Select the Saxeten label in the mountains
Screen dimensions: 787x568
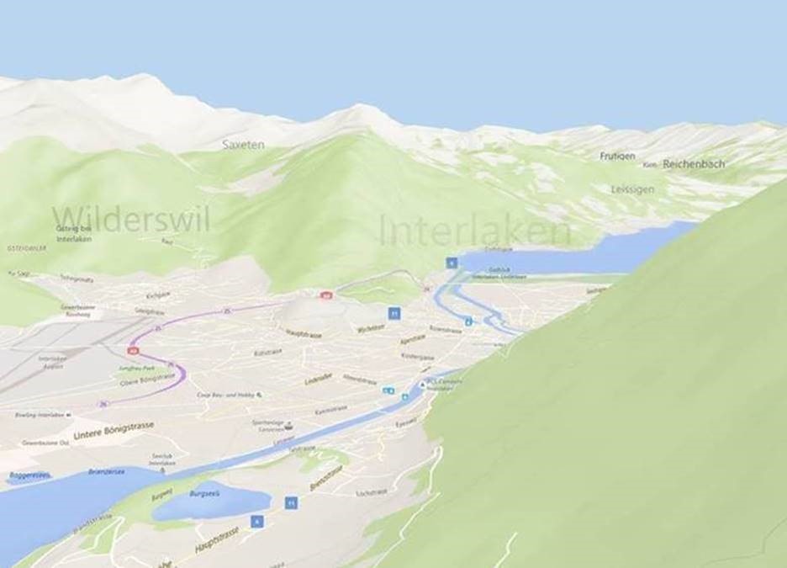(x=243, y=145)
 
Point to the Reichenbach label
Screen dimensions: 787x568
(x=694, y=164)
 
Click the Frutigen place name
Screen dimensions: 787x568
(x=618, y=157)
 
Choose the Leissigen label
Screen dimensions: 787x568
(x=633, y=189)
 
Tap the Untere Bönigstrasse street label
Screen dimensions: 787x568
(x=114, y=431)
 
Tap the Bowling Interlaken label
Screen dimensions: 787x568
(x=39, y=416)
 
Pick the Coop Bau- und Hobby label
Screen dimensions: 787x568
(x=226, y=394)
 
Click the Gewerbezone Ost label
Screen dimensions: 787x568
(x=45, y=442)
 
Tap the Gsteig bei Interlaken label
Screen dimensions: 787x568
(x=75, y=234)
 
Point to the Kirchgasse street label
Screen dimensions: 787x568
(x=158, y=295)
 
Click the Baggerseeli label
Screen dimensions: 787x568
(x=30, y=475)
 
